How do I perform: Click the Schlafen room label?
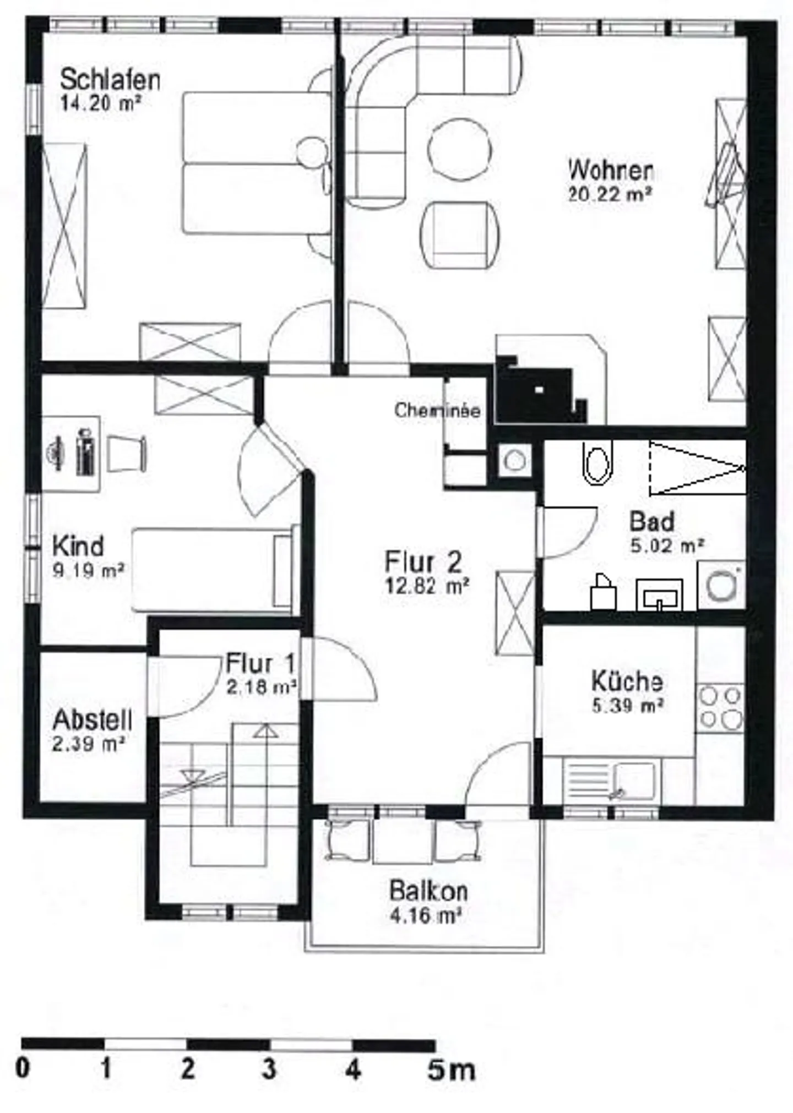point(110,80)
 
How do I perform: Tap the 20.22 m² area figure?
point(610,194)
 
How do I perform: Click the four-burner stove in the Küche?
point(720,707)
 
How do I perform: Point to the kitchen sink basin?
point(634,781)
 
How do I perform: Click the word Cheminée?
point(437,410)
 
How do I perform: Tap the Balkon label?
point(428,891)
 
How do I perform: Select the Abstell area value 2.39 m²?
point(89,745)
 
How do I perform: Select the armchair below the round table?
point(460,234)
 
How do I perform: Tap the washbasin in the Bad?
point(659,595)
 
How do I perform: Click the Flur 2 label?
point(423,561)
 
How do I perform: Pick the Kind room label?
point(78,546)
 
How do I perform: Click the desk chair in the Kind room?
point(127,454)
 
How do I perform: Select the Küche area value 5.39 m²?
point(627,706)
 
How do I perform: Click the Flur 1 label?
point(260,663)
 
